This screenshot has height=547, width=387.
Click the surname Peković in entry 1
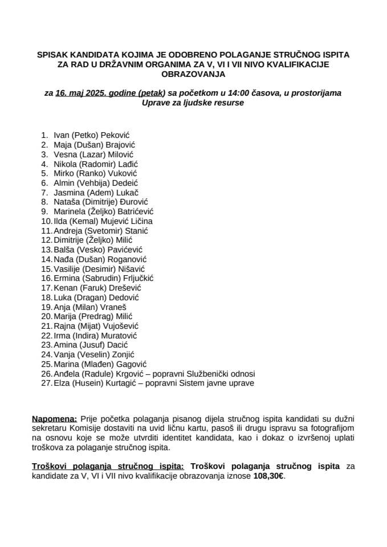116,135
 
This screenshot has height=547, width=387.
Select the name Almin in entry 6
64,183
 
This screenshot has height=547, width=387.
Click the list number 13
46,250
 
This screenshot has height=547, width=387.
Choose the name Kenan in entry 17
65,288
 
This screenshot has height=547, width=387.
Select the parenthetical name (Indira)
88,336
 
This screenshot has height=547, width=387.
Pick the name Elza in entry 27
62,383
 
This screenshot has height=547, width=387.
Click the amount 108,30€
268,475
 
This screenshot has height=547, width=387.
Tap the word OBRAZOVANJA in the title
193,74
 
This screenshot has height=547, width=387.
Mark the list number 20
46,316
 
